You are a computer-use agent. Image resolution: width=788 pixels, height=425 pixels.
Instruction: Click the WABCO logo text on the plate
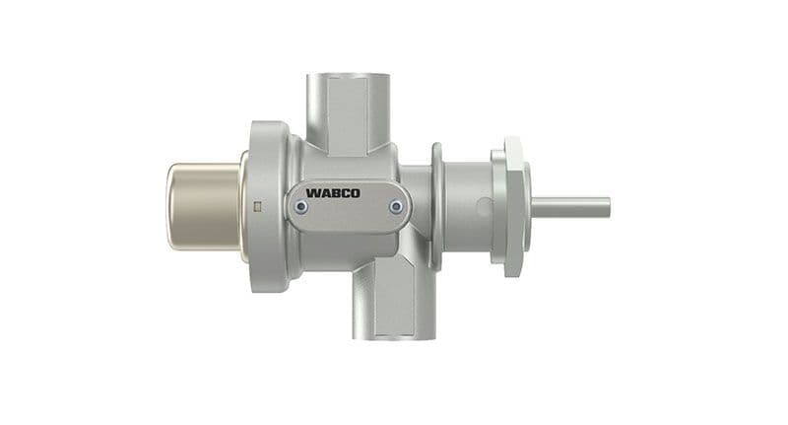point(333,192)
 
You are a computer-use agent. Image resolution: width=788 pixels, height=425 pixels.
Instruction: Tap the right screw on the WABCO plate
point(395,207)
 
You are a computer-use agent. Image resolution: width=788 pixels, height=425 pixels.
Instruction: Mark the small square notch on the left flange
point(256,206)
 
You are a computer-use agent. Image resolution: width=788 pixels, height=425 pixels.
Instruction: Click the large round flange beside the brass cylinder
point(264,207)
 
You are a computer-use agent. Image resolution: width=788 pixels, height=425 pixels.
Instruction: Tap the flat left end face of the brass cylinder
point(169,206)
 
